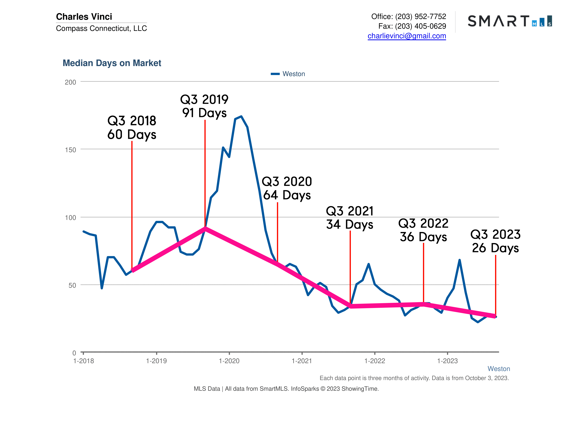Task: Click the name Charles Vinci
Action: tap(84, 16)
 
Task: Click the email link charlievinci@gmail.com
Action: tap(406, 36)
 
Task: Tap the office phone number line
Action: tap(408, 16)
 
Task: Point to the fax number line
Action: tap(412, 26)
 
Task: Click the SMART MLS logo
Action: tap(509, 21)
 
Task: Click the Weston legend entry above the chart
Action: tap(288, 74)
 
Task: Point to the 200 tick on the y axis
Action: tap(70, 82)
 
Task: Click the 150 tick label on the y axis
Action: tap(70, 150)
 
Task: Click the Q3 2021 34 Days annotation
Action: tap(349, 218)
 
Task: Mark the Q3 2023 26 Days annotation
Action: tap(495, 241)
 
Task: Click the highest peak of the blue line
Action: tap(241, 116)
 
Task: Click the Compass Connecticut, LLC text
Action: tap(101, 28)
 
